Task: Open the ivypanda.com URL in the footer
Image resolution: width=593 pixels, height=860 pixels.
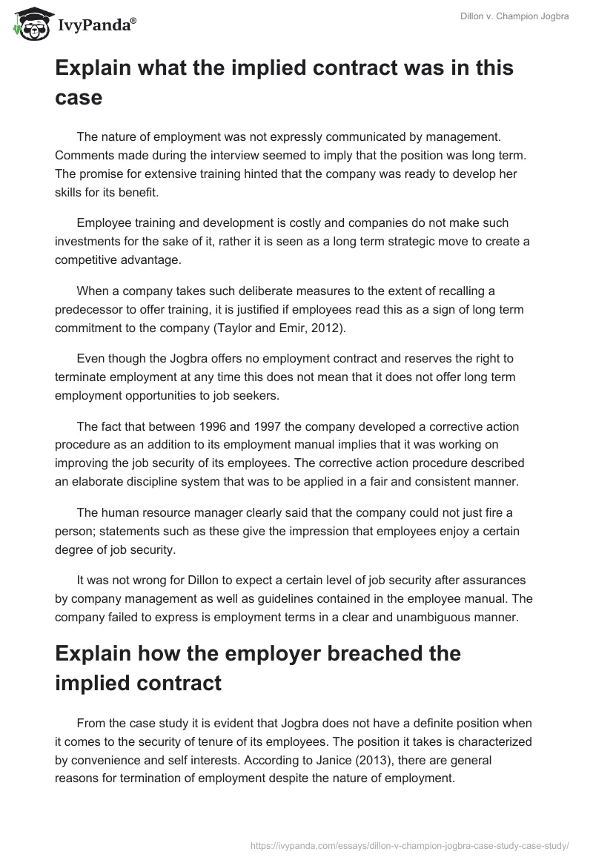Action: pos(409,844)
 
